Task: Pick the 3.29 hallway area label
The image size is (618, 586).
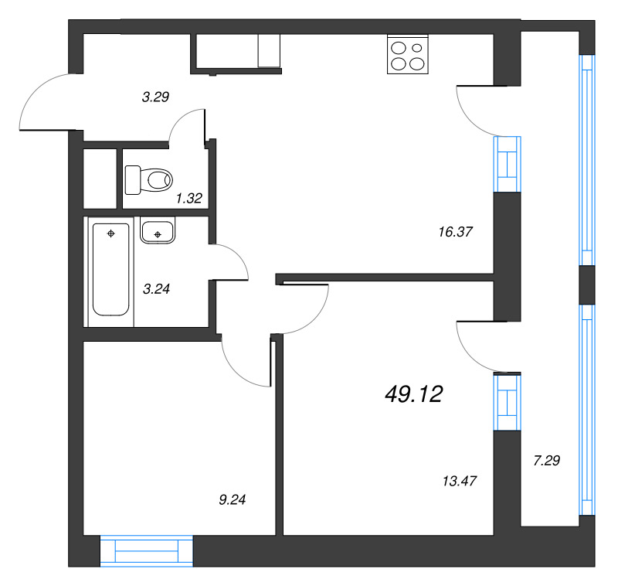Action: click(x=155, y=97)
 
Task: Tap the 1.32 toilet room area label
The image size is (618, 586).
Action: click(x=188, y=199)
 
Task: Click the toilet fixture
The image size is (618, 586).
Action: click(x=148, y=180)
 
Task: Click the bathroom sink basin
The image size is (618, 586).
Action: click(x=158, y=230)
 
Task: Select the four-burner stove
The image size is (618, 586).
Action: click(x=407, y=55)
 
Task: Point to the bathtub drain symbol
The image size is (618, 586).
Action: click(x=111, y=233)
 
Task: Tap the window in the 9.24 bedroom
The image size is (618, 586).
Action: click(x=146, y=550)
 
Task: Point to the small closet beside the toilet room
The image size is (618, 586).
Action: click(x=100, y=177)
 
